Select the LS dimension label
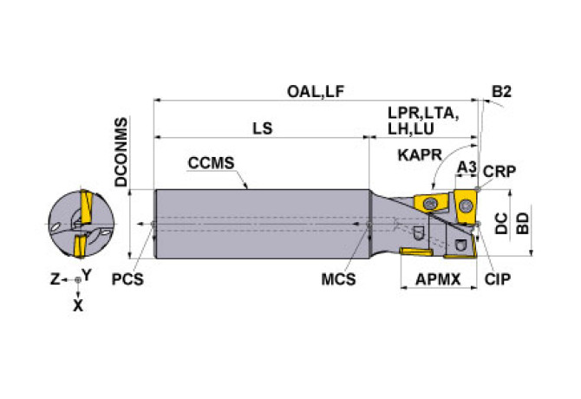click(x=262, y=128)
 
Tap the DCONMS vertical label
click(x=121, y=154)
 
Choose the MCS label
click(x=338, y=279)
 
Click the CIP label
click(x=497, y=279)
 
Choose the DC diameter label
click(x=501, y=223)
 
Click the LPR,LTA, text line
click(x=422, y=114)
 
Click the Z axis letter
click(x=54, y=279)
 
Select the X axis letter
click(x=78, y=305)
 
